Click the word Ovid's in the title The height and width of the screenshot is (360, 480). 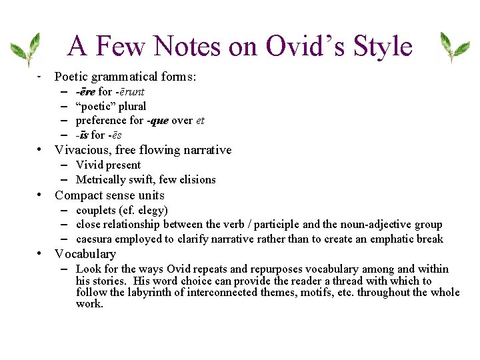pyautogui.click(x=301, y=46)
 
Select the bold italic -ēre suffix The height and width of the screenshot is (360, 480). pyautogui.click(x=85, y=92)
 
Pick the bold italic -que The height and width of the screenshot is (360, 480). pyautogui.click(x=158, y=121)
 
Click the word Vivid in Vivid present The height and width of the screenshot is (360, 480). pyautogui.click(x=89, y=165)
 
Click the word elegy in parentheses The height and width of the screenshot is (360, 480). pyautogui.click(x=153, y=210)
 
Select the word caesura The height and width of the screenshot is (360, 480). pyautogui.click(x=93, y=239)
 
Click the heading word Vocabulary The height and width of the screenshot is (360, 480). pyautogui.click(x=85, y=254)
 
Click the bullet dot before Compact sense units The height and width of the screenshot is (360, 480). pyautogui.click(x=41, y=195)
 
